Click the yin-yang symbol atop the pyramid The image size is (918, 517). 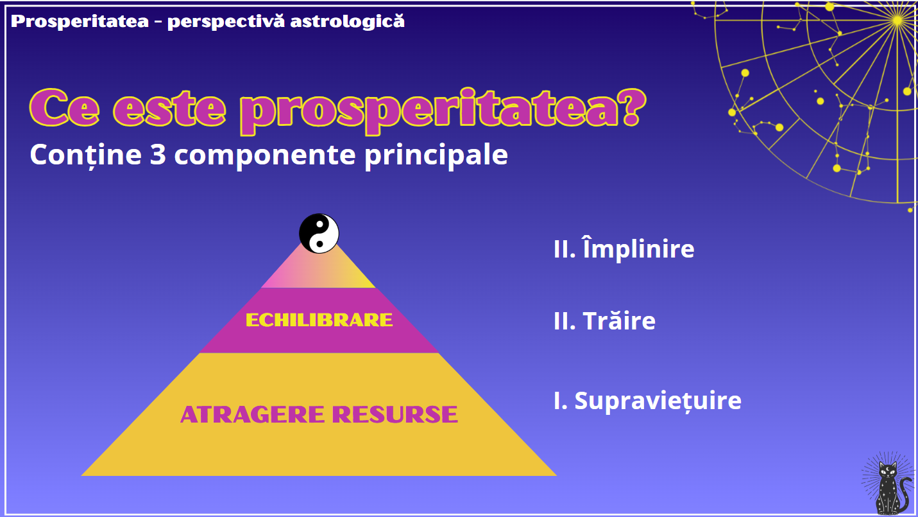319,234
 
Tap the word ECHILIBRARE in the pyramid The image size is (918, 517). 319,320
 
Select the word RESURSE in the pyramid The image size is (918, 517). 395,414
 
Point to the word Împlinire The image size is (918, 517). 638,249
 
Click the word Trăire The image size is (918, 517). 619,320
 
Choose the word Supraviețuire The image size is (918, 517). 658,401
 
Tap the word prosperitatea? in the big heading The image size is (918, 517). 443,110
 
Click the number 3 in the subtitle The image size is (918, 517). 158,155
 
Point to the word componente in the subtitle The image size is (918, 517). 265,156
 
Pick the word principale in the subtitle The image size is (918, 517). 436,155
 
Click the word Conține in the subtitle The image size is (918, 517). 86,155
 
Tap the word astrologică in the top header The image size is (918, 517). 348,21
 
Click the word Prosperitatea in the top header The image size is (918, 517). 80,22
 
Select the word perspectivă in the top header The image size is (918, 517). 226,22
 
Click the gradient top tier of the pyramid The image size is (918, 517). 318,271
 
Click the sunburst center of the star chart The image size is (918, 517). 897,20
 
